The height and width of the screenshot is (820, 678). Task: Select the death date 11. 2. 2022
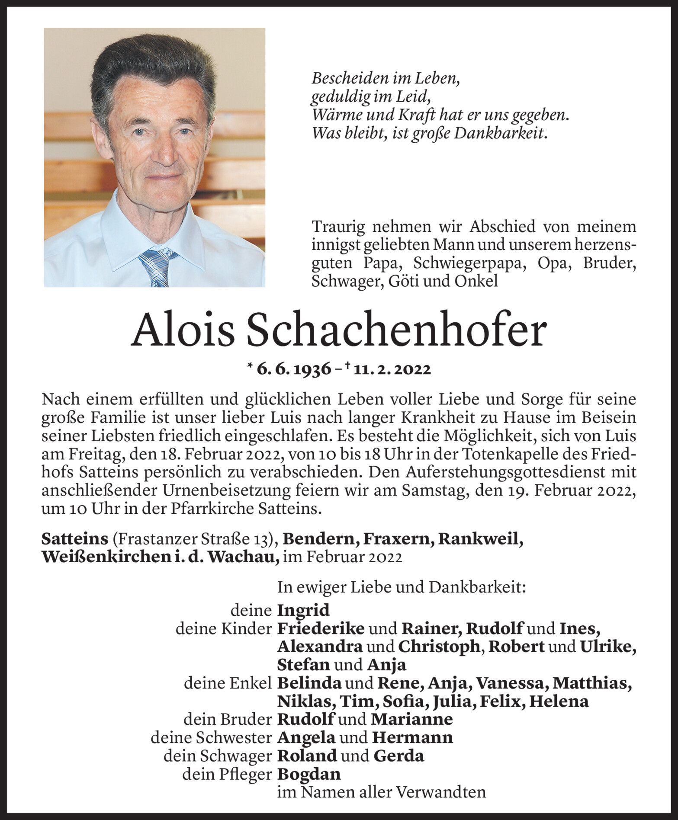click(x=392, y=369)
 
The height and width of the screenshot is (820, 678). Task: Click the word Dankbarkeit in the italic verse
click(x=500, y=134)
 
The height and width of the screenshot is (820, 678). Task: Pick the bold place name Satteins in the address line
click(x=74, y=539)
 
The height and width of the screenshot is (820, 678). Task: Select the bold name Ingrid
click(x=303, y=610)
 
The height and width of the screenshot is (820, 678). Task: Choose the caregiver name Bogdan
click(x=308, y=774)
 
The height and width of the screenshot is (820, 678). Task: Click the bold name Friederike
click(x=320, y=628)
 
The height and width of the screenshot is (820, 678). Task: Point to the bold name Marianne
click(x=411, y=719)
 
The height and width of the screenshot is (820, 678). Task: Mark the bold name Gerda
click(x=398, y=756)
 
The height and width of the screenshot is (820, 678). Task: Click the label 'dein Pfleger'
click(x=227, y=774)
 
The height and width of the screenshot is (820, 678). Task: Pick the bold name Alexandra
click(x=320, y=647)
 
